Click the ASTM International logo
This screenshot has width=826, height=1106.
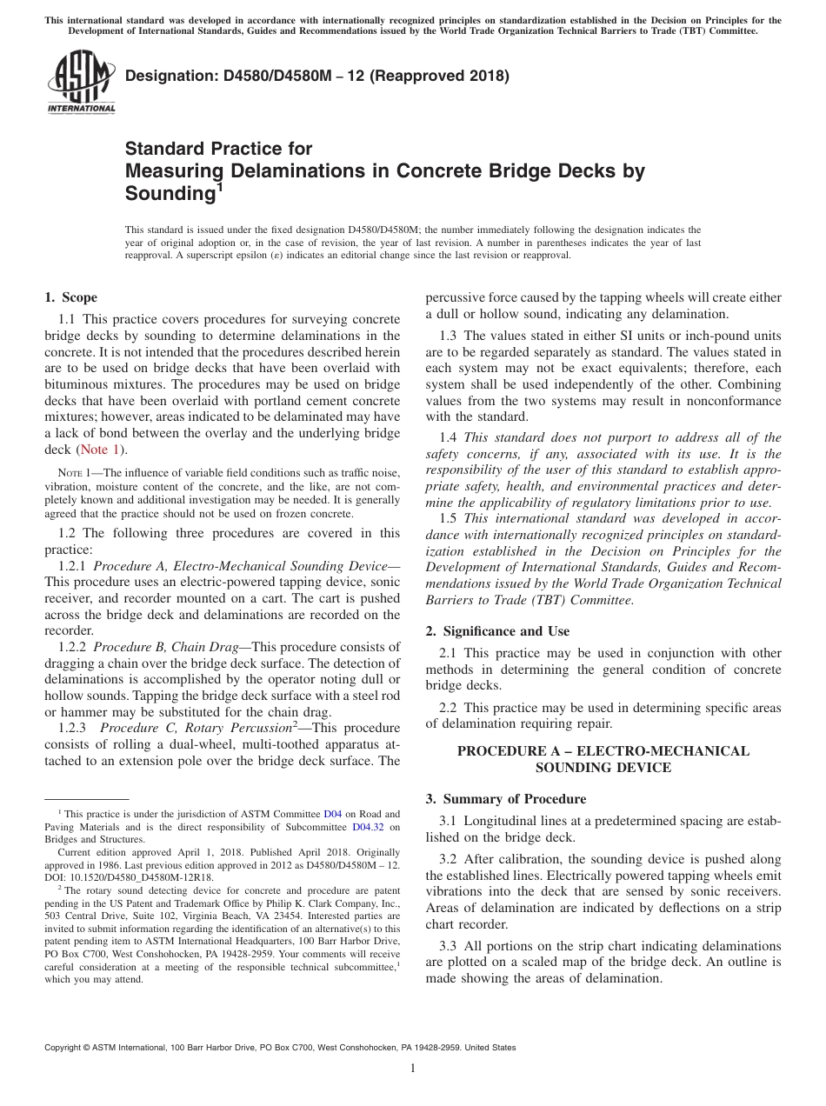click(80, 82)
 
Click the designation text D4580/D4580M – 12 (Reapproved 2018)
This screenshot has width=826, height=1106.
click(317, 76)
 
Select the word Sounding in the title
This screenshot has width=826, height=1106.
click(170, 192)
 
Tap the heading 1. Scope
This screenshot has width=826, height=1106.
click(70, 297)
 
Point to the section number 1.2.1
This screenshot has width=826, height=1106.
click(72, 566)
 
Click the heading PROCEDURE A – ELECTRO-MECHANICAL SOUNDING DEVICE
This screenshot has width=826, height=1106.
click(603, 758)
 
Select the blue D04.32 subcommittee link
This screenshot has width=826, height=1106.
click(368, 827)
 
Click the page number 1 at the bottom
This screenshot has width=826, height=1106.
click(413, 1069)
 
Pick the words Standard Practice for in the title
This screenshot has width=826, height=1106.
click(218, 149)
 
